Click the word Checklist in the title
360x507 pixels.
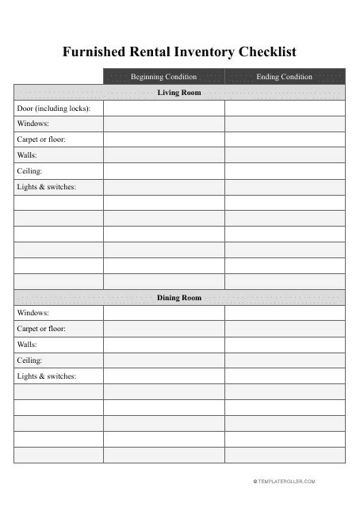point(262,52)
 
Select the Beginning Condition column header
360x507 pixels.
point(163,77)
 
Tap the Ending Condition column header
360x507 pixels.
point(285,77)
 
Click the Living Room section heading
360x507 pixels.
point(179,93)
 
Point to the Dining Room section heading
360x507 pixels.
point(179,298)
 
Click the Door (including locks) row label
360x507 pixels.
point(53,109)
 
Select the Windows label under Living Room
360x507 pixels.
point(33,124)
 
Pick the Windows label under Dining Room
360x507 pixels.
point(33,313)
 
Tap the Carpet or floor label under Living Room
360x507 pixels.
point(41,139)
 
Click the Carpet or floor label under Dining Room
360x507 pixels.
point(41,329)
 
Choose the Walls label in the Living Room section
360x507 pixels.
point(28,155)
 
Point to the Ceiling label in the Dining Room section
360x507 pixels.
point(29,360)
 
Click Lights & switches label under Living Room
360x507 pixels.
point(47,187)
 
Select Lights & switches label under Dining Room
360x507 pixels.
point(47,376)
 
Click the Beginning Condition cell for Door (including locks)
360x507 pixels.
point(163,109)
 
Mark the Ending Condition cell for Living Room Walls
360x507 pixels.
point(285,155)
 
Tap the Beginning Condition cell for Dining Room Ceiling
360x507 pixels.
point(163,360)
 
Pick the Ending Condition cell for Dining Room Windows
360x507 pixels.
point(285,313)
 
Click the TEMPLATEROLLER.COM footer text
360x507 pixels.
point(285,482)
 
